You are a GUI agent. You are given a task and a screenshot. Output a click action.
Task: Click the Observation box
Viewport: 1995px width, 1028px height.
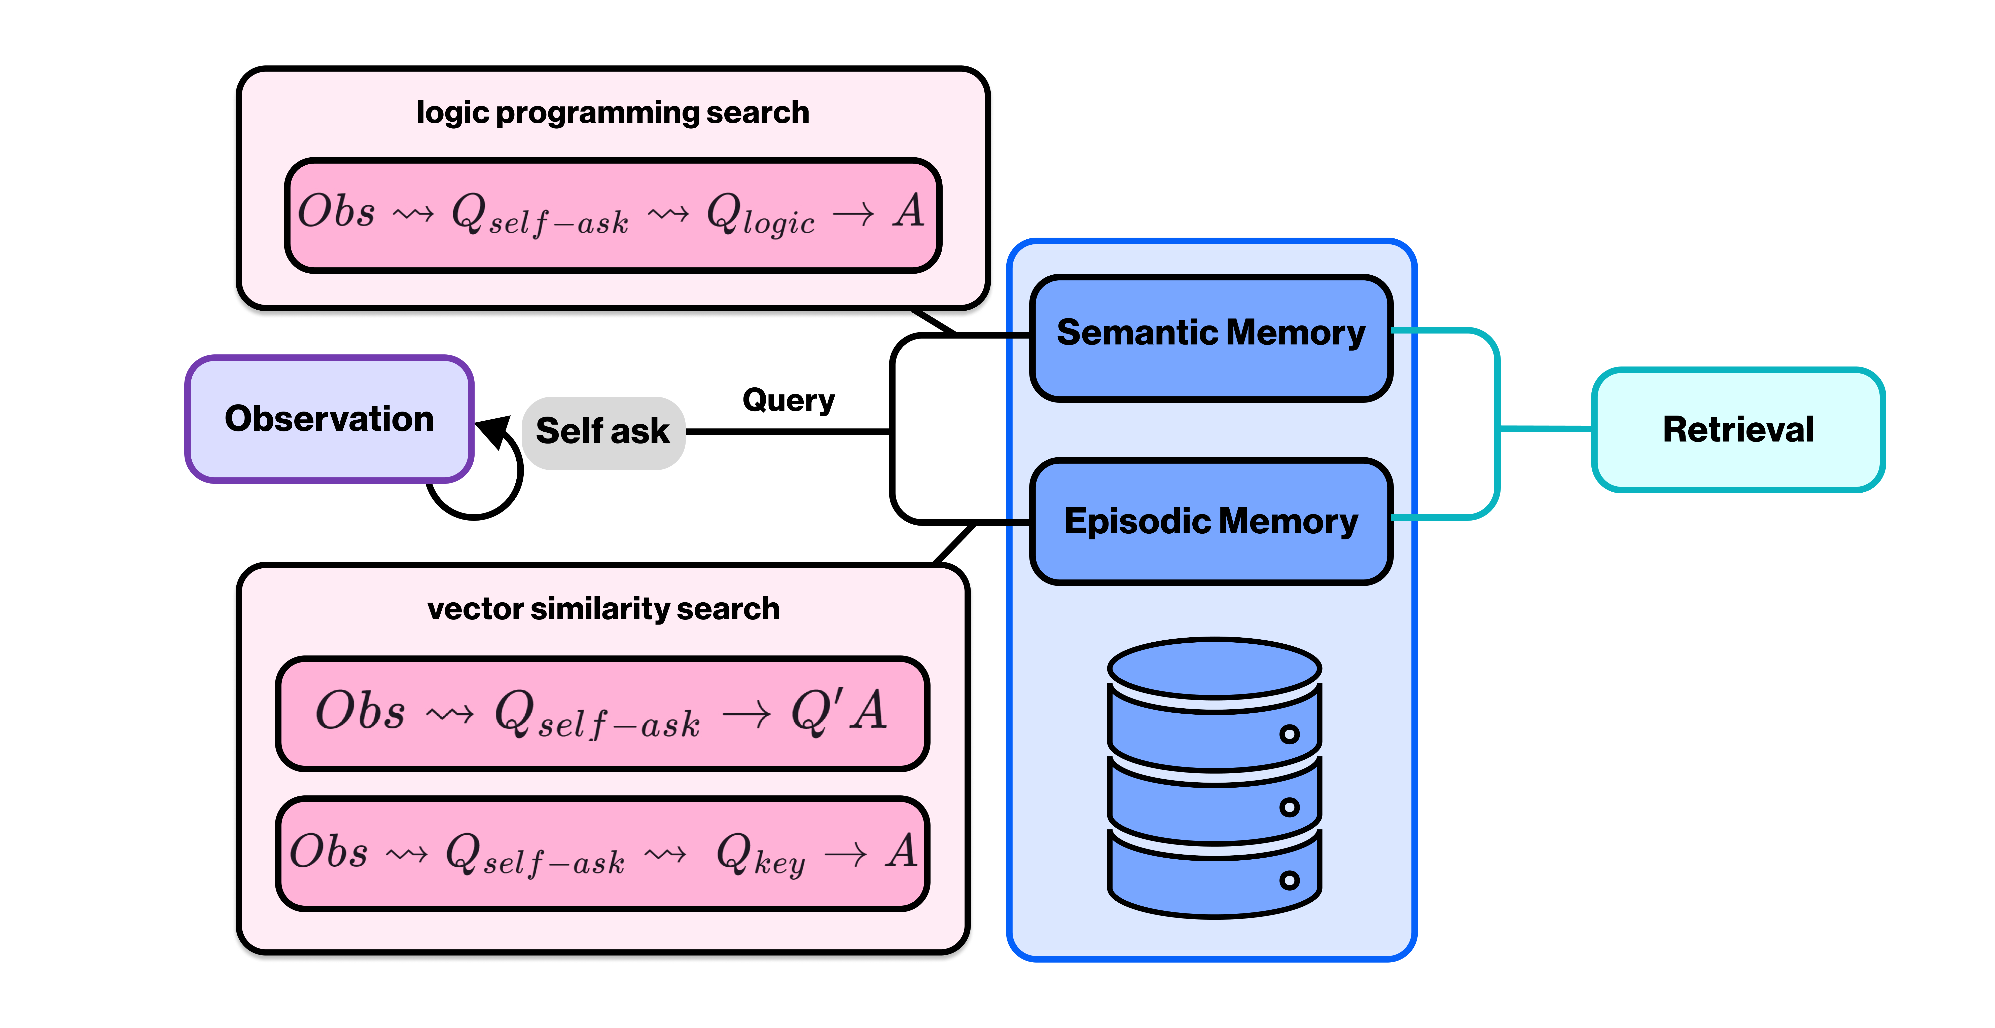click(329, 419)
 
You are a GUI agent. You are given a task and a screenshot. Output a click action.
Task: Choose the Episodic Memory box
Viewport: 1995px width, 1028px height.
click(1210, 521)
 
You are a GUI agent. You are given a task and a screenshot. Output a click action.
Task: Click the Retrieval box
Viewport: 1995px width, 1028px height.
click(1738, 430)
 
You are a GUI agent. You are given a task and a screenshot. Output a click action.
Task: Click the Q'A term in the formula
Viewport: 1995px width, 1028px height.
click(839, 712)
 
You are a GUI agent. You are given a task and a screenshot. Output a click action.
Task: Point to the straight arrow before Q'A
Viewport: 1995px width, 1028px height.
click(746, 715)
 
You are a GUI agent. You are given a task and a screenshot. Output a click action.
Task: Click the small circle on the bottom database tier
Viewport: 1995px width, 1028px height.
click(1289, 880)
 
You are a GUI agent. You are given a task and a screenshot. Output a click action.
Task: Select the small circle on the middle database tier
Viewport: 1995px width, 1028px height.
click(1289, 807)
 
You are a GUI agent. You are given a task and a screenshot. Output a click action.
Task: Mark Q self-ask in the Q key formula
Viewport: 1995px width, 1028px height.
click(534, 855)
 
